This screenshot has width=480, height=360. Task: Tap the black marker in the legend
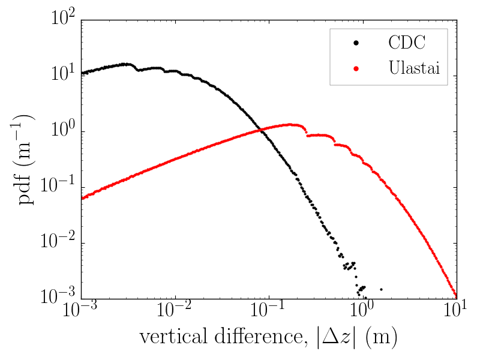point(355,43)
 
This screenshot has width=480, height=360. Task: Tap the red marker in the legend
point(355,68)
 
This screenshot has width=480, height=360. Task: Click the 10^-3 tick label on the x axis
point(80,313)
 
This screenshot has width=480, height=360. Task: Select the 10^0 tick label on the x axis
point(363,313)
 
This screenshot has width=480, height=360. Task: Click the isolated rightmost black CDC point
point(381,289)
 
